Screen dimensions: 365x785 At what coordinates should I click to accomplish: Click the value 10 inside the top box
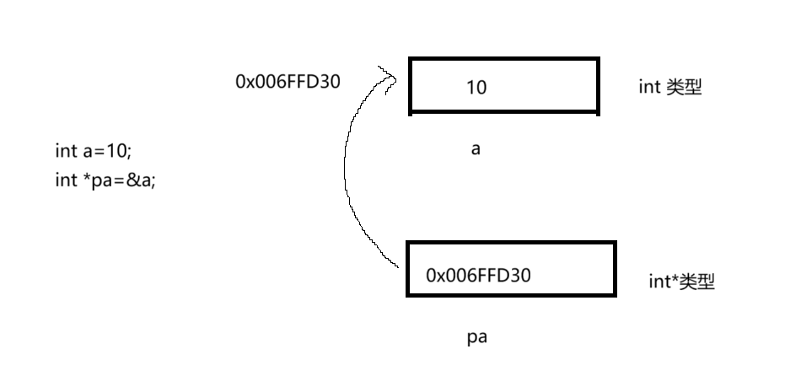[x=476, y=87]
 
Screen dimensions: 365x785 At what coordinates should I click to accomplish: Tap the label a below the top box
[x=476, y=149]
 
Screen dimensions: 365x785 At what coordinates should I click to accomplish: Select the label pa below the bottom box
[x=477, y=338]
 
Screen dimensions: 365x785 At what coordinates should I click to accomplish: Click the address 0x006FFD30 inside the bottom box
[x=479, y=275]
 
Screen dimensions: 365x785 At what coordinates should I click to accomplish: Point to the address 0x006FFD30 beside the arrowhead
[x=288, y=82]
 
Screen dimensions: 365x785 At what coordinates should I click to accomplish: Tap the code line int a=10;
[x=94, y=152]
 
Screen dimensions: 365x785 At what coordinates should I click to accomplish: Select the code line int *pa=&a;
[x=105, y=180]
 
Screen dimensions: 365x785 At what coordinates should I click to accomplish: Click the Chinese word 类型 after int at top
[x=684, y=87]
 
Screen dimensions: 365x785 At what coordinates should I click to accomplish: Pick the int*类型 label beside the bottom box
[x=681, y=282]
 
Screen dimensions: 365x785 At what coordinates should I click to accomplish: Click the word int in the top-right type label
[x=648, y=87]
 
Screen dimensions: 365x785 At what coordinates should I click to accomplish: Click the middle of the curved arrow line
[x=346, y=169]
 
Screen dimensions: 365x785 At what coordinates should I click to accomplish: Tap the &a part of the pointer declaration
[x=143, y=180]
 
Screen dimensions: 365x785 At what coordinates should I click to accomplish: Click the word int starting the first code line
[x=65, y=152]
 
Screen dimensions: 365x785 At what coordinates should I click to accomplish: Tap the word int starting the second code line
[x=65, y=180]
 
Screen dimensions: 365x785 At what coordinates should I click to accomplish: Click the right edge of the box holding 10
[x=598, y=85]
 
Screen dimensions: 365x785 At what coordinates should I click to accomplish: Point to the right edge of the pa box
[x=615, y=269]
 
